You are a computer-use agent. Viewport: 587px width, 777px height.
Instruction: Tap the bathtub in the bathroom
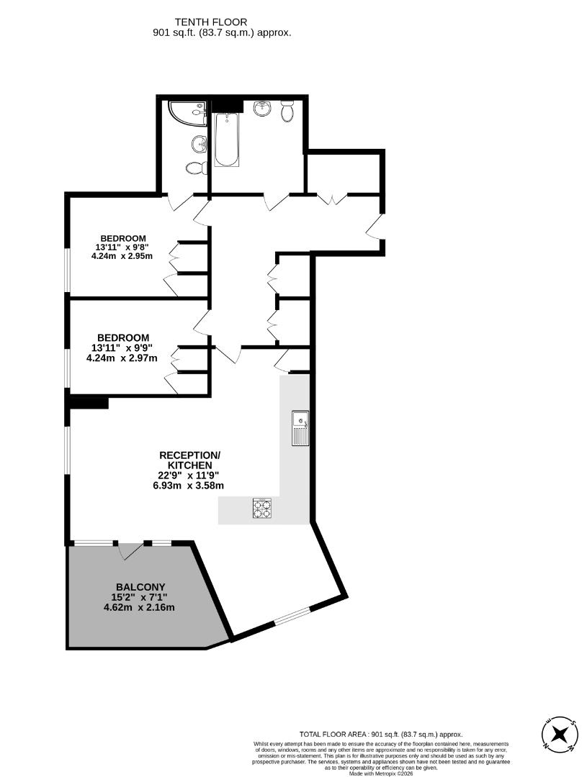coord(225,140)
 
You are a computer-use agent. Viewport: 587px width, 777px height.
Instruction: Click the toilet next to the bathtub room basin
coord(287,112)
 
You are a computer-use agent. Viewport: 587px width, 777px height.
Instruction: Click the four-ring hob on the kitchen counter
coord(262,509)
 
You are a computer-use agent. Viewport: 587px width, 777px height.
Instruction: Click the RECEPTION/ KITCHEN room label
coord(189,460)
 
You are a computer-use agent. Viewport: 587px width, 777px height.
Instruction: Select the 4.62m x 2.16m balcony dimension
coord(139,607)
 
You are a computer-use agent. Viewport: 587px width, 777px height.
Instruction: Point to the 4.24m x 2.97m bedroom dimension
coord(122,358)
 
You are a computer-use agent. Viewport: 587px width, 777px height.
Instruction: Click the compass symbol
coord(560,735)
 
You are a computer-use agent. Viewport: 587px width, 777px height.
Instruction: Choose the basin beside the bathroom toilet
coord(262,109)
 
